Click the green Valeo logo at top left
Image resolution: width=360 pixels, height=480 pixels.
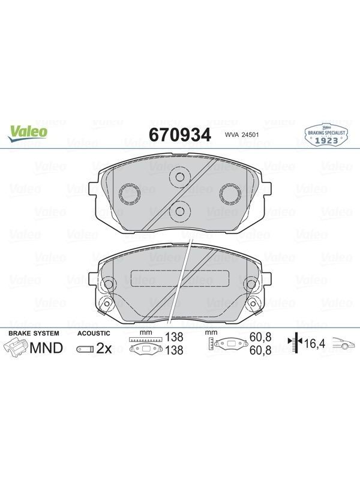28,134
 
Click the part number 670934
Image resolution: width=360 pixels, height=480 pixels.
180,134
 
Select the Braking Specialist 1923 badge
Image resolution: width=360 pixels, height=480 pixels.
326,135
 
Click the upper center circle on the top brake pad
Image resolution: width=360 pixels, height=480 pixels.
180,177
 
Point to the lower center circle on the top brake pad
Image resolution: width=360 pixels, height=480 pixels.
180,211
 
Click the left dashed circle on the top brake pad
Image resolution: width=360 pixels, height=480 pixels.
130,194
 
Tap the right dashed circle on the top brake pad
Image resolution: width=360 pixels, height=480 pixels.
230,194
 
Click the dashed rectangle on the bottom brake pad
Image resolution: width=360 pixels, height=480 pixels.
180,278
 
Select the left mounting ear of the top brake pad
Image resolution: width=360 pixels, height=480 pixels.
93,193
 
